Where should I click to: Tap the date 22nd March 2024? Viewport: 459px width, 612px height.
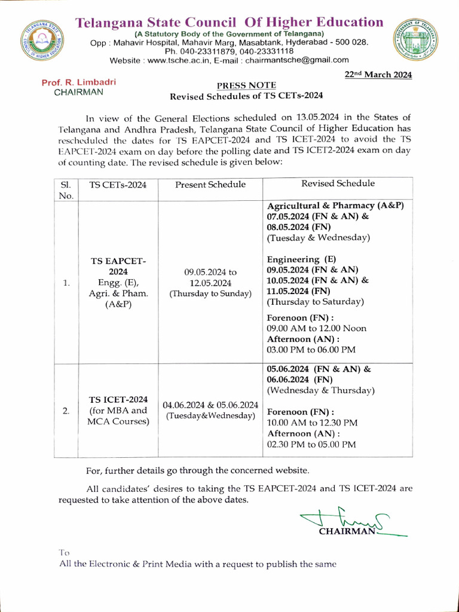(x=379, y=75)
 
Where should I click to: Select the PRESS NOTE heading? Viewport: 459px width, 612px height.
(x=246, y=86)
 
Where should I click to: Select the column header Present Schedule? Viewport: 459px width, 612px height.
(x=210, y=185)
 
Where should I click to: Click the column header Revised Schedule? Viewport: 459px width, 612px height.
(x=338, y=183)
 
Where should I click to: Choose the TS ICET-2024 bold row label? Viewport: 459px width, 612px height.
(x=118, y=399)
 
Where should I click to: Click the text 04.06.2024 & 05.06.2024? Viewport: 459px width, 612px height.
(x=210, y=405)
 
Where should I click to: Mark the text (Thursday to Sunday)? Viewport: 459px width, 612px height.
(x=210, y=293)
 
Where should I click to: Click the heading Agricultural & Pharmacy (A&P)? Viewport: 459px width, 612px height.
(x=335, y=206)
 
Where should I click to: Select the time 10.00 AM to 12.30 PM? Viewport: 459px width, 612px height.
(x=312, y=423)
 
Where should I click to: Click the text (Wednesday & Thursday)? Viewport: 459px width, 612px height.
(x=320, y=390)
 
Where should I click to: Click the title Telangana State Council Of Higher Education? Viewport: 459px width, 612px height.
(x=229, y=23)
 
